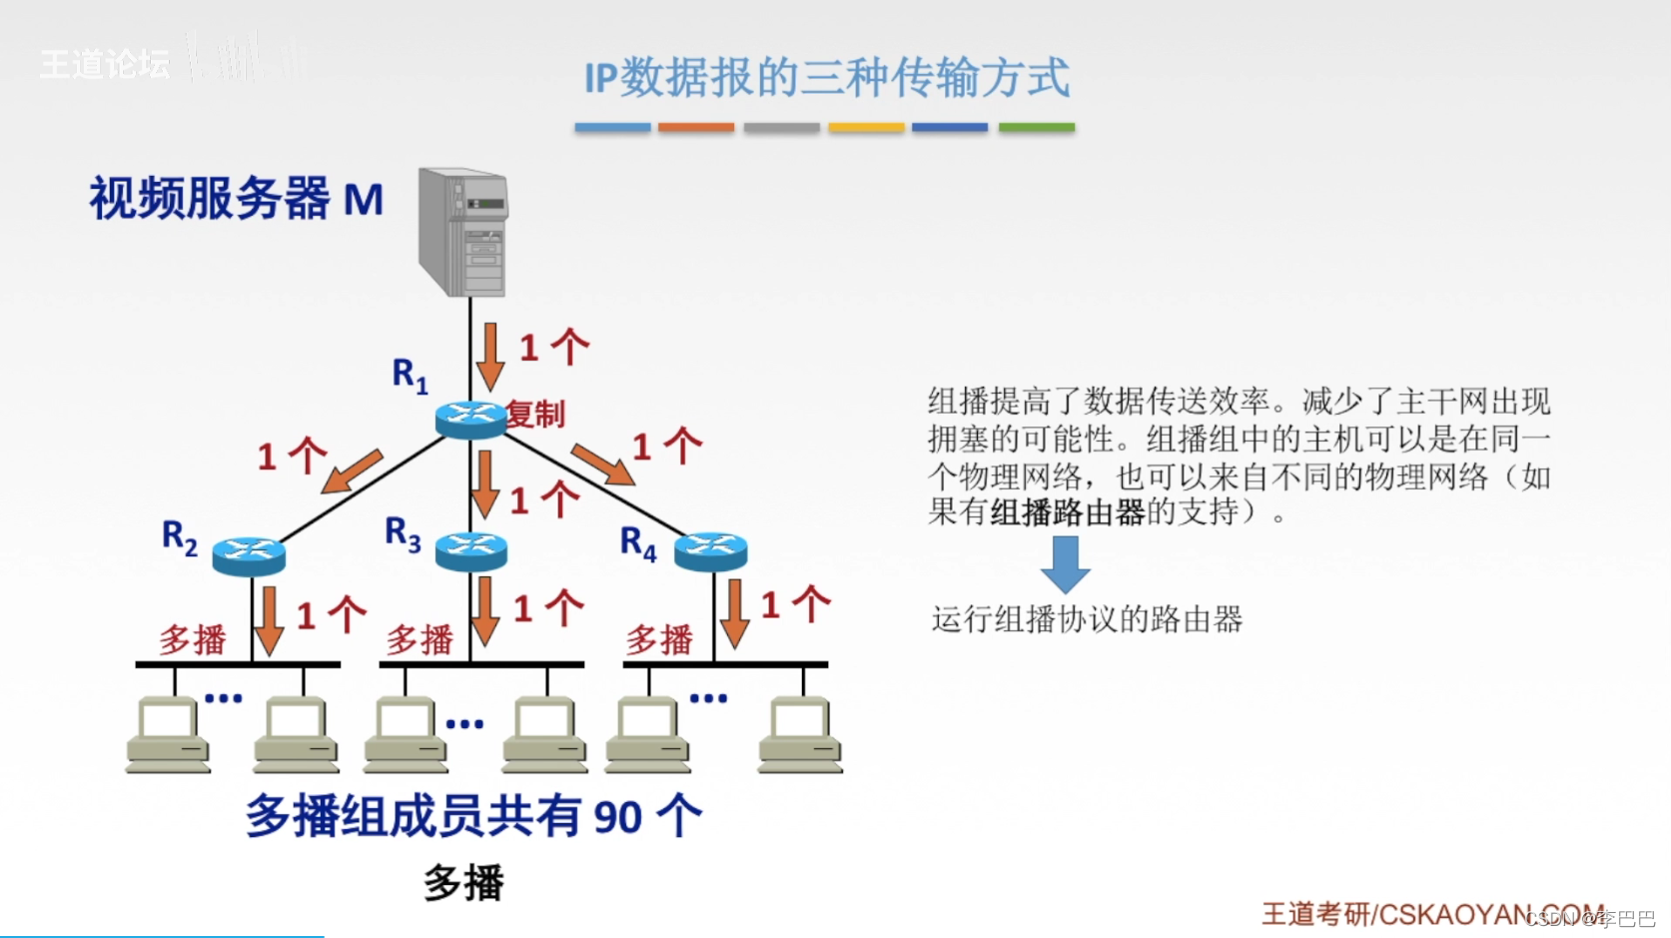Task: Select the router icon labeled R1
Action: pyautogui.click(x=470, y=419)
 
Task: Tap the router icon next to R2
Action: pyautogui.click(x=249, y=553)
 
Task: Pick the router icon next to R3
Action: pyautogui.click(x=471, y=550)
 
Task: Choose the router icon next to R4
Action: pyautogui.click(x=710, y=550)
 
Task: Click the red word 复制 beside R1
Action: pyautogui.click(x=536, y=414)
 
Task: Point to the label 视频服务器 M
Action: pyautogui.click(x=236, y=198)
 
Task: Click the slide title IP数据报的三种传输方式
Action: pyautogui.click(x=826, y=78)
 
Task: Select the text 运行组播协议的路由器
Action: pyautogui.click(x=1087, y=619)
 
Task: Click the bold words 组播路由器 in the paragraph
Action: pyautogui.click(x=1067, y=512)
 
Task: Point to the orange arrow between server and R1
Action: pyautogui.click(x=489, y=356)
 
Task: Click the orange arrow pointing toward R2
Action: pyautogui.click(x=352, y=471)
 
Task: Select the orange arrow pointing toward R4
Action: pyautogui.click(x=602, y=465)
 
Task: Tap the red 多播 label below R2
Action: pyautogui.click(x=193, y=639)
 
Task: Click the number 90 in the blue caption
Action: pyautogui.click(x=617, y=817)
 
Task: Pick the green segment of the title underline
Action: pyautogui.click(x=1036, y=128)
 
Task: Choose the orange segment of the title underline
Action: pyautogui.click(x=696, y=128)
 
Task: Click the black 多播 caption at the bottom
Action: pyautogui.click(x=463, y=883)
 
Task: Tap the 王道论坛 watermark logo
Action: pyautogui.click(x=105, y=65)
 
